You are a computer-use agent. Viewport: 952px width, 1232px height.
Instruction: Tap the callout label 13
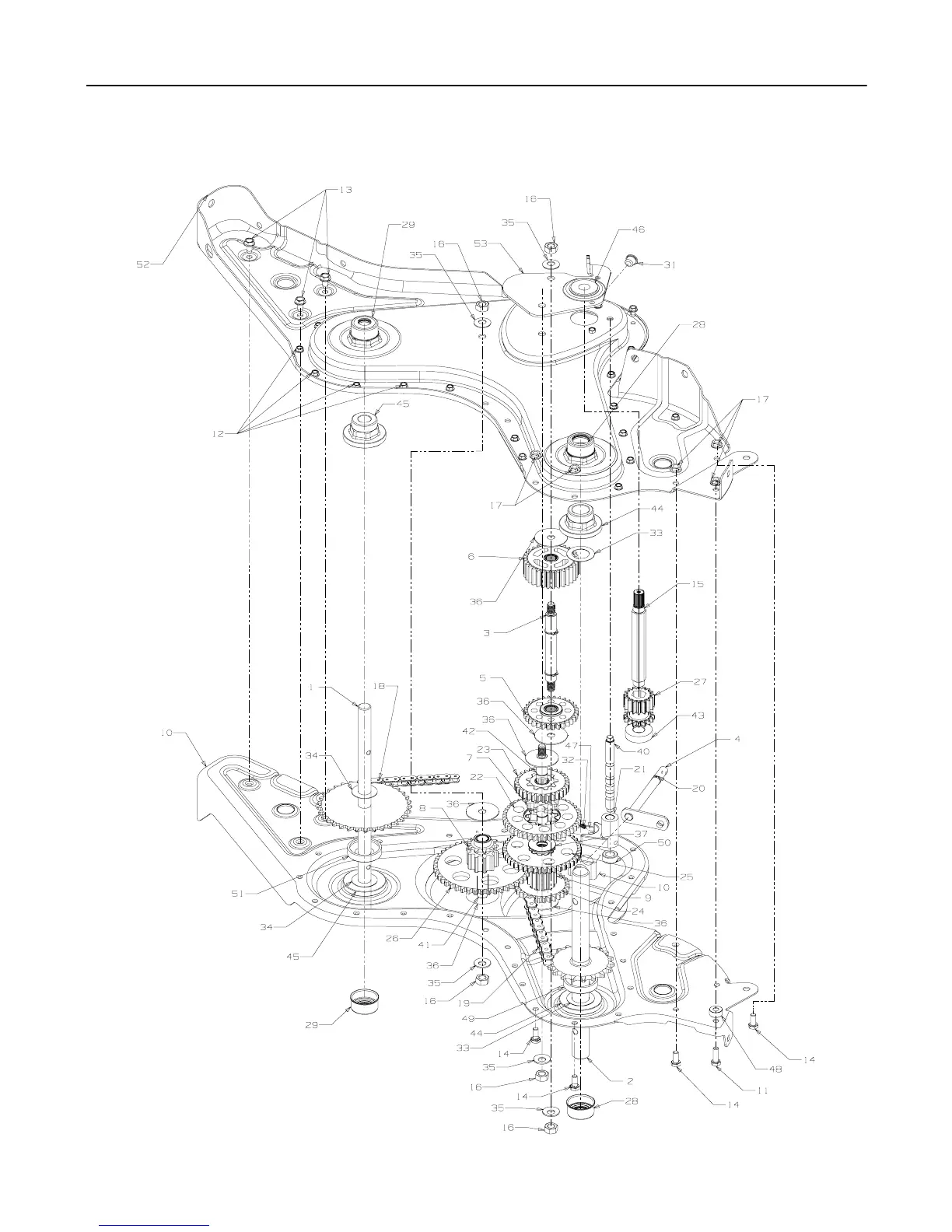[343, 191]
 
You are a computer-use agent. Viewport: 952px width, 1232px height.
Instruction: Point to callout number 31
[670, 264]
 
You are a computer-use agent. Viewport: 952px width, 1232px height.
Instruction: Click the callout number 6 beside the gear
[492, 557]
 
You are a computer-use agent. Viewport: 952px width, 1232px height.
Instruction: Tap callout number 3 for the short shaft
[486, 633]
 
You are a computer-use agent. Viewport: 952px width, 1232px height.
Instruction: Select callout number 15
[698, 584]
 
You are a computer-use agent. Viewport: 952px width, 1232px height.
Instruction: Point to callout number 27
[700, 682]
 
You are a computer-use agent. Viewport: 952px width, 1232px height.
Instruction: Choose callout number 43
[698, 716]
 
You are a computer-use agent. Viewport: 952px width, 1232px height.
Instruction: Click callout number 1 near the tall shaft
[312, 688]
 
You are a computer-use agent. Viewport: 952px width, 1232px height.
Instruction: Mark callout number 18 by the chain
[379, 687]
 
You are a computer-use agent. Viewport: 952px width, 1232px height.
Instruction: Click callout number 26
[392, 938]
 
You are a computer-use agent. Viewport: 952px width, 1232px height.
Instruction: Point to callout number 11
[762, 1090]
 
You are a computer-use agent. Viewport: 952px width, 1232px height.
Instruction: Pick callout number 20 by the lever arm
[698, 788]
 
